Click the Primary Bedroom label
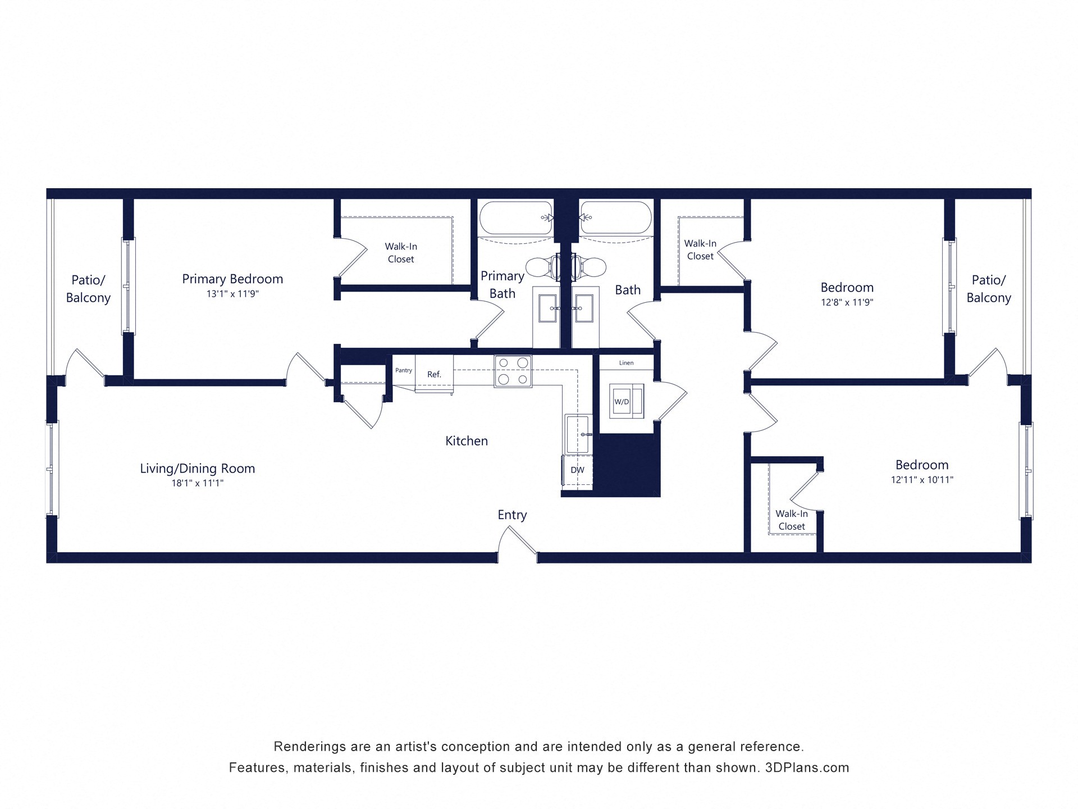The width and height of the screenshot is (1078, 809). coord(232,279)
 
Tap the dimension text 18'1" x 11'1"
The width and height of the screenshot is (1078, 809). coord(198,483)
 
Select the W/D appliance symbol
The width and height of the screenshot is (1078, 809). coord(622,401)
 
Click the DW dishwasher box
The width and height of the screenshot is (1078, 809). coord(577,470)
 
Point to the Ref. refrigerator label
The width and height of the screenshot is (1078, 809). coord(434,374)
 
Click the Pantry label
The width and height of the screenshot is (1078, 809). coord(403,370)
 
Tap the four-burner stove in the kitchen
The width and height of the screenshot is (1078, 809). coord(513,371)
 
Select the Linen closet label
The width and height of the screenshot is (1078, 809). coord(626,363)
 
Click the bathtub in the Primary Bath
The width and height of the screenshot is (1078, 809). coord(515,218)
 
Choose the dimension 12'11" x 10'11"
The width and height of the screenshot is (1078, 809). coord(922,480)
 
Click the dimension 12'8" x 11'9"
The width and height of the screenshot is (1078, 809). coord(847,302)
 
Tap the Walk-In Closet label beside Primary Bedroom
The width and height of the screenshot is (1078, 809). coord(401,253)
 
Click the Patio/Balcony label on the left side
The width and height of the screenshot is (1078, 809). coord(88,289)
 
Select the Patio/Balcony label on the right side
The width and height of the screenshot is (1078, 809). coord(989,289)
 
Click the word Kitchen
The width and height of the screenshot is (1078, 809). coord(467,441)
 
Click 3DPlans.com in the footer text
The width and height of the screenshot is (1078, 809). coord(807,767)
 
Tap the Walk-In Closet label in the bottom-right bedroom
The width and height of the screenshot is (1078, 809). coord(792,520)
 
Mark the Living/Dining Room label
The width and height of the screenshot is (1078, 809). coord(198,469)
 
